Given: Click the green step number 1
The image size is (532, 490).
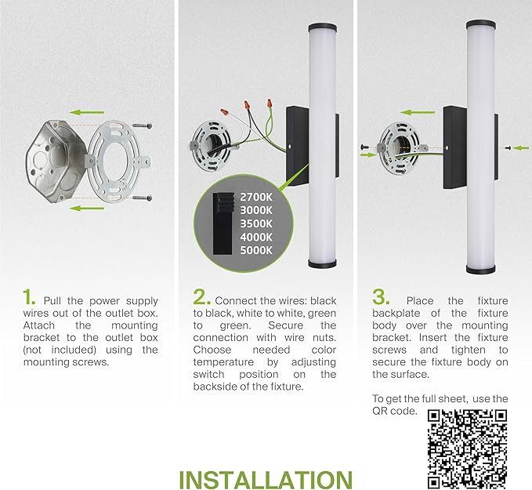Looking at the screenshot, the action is (28, 297).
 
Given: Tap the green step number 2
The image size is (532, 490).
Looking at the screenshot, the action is (201, 297).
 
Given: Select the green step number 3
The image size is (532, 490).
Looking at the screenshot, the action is (381, 297).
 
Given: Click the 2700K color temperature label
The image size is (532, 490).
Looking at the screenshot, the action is (256, 198).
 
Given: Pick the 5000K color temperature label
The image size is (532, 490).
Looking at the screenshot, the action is (256, 251).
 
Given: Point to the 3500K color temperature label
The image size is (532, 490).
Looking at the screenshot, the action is (256, 224).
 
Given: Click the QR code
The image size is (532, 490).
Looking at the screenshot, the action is (467, 449).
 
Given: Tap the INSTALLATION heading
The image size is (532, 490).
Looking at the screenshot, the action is (266, 480).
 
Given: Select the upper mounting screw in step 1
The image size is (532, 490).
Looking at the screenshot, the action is (142, 125).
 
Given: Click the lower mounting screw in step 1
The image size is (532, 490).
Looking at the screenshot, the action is (142, 198).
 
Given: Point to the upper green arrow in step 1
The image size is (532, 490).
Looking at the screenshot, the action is (86, 112).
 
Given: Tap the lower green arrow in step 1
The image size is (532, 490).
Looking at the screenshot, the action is (86, 208).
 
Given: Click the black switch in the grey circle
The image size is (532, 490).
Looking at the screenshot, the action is (223, 224).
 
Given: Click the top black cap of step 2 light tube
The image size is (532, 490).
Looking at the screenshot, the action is (323, 27).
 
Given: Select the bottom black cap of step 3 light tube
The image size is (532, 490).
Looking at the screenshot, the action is (480, 269).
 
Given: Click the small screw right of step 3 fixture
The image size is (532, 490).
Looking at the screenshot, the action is (508, 147).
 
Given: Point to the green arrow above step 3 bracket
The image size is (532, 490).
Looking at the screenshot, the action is (418, 112).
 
